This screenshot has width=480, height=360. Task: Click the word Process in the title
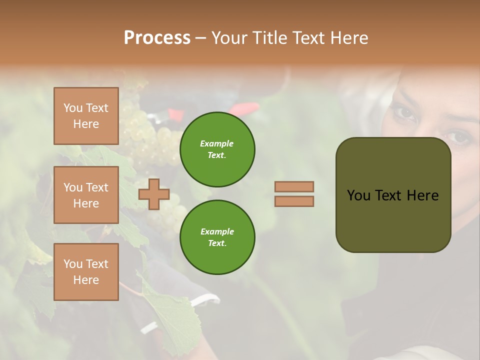click(157, 38)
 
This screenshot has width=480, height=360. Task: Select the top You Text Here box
click(86, 116)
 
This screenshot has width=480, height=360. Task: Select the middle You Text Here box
click(86, 195)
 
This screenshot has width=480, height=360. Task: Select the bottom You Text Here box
click(86, 271)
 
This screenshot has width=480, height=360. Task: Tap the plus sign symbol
click(154, 194)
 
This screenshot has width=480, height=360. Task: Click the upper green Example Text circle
click(217, 149)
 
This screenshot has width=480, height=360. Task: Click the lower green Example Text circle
click(217, 237)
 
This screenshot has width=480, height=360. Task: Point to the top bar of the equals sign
click(294, 186)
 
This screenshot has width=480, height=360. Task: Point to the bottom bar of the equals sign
click(294, 201)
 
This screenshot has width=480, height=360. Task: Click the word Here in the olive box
click(422, 195)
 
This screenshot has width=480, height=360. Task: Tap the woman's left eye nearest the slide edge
click(456, 136)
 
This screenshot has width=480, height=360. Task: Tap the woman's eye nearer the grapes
click(404, 113)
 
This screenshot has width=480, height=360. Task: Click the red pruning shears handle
click(245, 108)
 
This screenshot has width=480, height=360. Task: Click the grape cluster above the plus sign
click(145, 135)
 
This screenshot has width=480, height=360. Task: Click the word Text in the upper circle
click(216, 155)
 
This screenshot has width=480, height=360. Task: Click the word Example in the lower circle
click(217, 231)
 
